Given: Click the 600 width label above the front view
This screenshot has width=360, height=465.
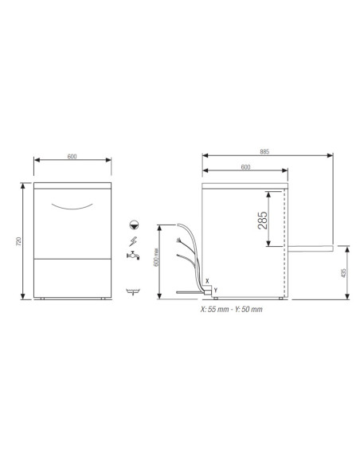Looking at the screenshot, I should tap(72, 156).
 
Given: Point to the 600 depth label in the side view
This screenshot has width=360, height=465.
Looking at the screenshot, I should tap(245, 166).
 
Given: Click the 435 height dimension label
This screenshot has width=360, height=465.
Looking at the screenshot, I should tap(342, 272).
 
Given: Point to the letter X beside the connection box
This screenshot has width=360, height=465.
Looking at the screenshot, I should tap(207, 280).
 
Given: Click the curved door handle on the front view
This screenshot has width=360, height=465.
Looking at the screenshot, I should tap(72, 206).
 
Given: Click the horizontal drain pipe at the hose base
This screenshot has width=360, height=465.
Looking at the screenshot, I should tap(190, 291).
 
